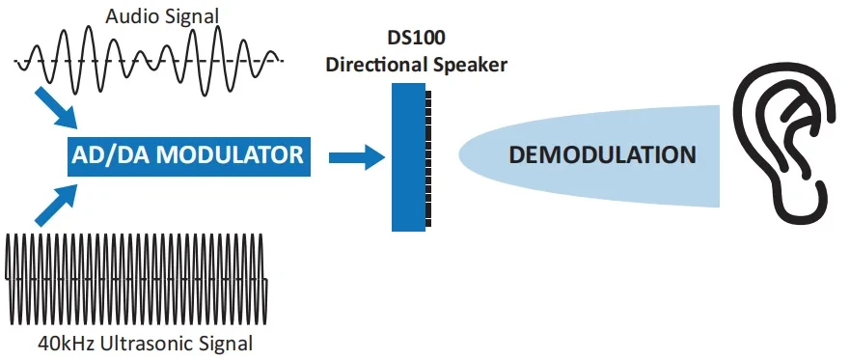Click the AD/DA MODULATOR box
(189, 154)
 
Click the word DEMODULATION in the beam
(601, 155)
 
